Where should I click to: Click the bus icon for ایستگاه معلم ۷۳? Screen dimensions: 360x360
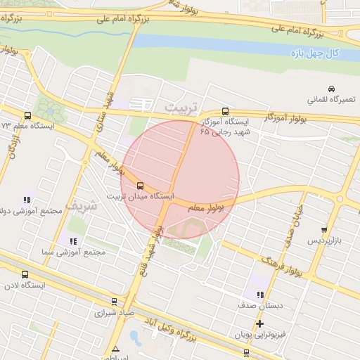(x=27, y=116)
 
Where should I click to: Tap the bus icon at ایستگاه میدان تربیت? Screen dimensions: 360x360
(x=140, y=186)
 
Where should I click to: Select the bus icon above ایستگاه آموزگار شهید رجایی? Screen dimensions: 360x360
(x=225, y=111)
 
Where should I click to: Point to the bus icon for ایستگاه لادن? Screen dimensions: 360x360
(x=26, y=275)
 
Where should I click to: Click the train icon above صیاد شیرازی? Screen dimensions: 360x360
(x=114, y=302)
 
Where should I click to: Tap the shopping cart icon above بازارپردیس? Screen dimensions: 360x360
(x=323, y=230)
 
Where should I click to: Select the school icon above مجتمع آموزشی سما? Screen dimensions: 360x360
(x=73, y=241)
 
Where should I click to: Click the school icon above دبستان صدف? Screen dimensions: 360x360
(x=259, y=295)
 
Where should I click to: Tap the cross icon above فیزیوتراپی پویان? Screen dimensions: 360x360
(x=259, y=323)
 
